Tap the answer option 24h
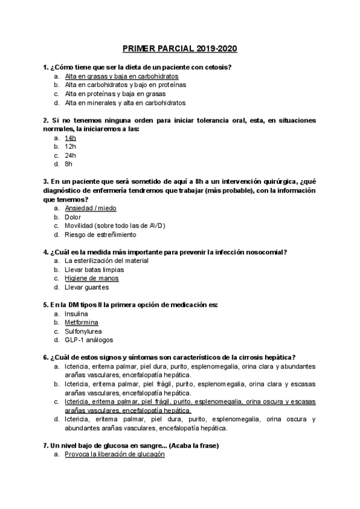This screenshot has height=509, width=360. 70,155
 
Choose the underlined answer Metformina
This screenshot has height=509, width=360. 82,322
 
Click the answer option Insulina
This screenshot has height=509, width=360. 76,314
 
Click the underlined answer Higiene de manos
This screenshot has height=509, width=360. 91,279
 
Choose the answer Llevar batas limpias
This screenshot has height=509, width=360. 94,270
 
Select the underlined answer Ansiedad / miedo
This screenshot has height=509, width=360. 91,208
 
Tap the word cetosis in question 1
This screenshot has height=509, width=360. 217,67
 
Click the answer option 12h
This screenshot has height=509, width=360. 70,146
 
